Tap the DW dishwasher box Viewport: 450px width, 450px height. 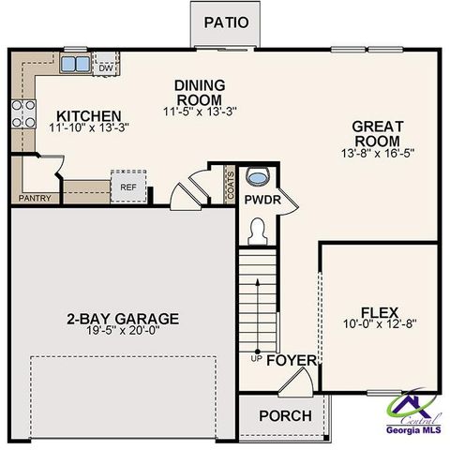coord(105,67)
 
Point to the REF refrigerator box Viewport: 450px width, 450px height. coord(127,186)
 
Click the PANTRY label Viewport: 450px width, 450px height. coord(35,199)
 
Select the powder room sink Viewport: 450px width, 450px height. coord(256,176)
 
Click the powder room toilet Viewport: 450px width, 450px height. coord(257,228)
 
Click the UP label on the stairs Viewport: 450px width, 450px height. coord(256,358)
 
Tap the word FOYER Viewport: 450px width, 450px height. coord(292,360)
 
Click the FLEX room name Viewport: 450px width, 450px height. coord(381,312)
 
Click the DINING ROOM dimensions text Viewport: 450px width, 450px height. coord(199,111)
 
